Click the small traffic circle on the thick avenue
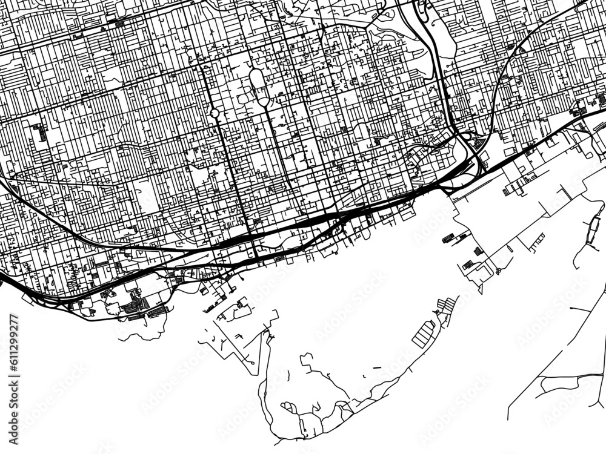point(215,113)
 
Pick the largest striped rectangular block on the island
point(424,334)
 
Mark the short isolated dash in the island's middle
point(377,367)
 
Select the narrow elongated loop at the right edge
point(592,228)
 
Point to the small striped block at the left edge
point(39,130)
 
